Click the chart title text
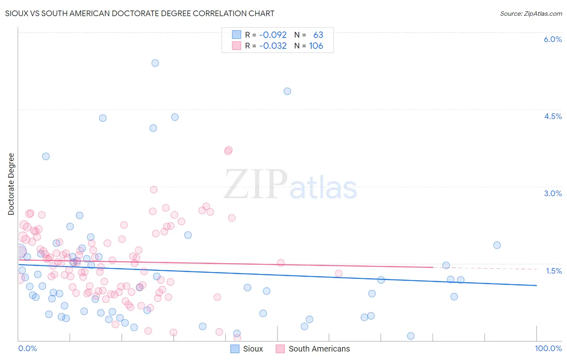[x=140, y=13]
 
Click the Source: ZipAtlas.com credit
[x=531, y=13]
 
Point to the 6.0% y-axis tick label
[x=552, y=39]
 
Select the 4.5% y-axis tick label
[x=552, y=116]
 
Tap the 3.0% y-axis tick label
[x=552, y=193]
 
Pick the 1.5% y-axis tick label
[x=553, y=271]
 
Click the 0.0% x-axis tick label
[x=27, y=348]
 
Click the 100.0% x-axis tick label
[x=548, y=348]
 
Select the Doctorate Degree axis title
[x=11, y=184]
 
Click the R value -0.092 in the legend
[x=273, y=35]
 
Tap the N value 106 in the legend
[x=316, y=46]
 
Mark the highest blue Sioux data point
[x=155, y=63]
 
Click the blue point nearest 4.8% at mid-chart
[x=287, y=91]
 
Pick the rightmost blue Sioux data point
[x=497, y=245]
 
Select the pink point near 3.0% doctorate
[x=154, y=190]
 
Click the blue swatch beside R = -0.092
[x=236, y=35]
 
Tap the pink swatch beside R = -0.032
[x=236, y=46]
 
